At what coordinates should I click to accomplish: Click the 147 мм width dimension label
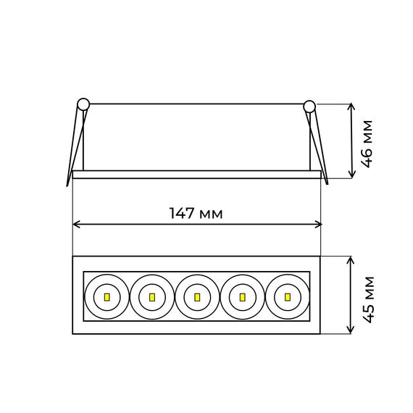[x=196, y=214]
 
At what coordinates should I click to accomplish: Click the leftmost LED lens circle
[x=106, y=296]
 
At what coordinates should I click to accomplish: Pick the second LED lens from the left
[x=151, y=296]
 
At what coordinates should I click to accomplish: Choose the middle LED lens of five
[x=196, y=296]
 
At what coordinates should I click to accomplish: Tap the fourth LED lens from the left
[x=242, y=296]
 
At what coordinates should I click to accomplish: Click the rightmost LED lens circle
[x=287, y=296]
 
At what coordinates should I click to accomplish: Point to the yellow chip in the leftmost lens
[x=106, y=297]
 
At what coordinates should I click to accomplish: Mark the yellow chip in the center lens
[x=196, y=297]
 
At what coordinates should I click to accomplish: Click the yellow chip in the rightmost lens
[x=287, y=297]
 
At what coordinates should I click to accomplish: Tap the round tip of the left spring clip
[x=83, y=104]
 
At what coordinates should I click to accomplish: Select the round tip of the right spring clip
[x=309, y=106]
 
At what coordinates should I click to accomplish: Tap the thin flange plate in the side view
[x=196, y=174]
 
